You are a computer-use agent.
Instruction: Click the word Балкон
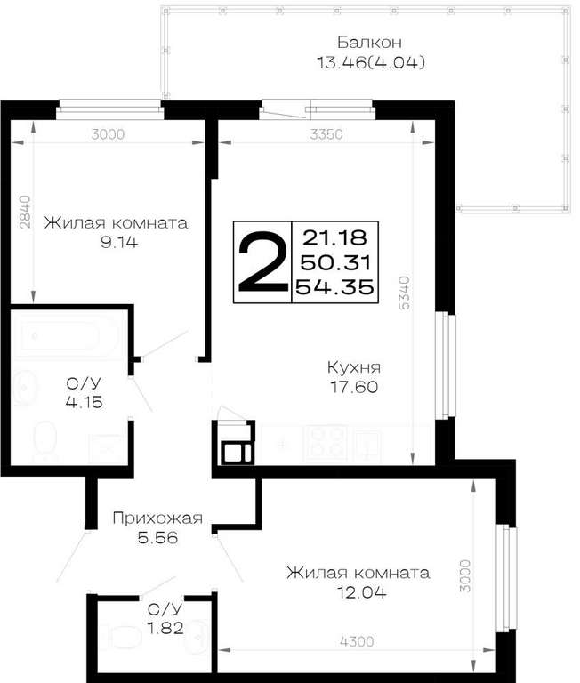tap(369, 43)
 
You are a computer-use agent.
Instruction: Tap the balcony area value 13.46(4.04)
tap(371, 63)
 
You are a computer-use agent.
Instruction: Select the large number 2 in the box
tap(262, 261)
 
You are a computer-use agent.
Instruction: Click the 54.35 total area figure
tap(334, 287)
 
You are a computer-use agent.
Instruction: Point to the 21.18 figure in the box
tap(334, 237)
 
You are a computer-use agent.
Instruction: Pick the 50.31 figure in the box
tap(335, 262)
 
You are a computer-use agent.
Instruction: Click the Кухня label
tap(354, 367)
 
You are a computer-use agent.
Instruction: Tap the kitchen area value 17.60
tap(354, 387)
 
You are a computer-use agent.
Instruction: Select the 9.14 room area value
tap(119, 242)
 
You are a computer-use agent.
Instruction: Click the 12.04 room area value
tap(362, 592)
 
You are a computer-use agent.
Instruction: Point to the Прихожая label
tap(157, 518)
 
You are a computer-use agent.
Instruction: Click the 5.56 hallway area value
tap(157, 538)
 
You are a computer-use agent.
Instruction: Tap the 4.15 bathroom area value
tap(85, 402)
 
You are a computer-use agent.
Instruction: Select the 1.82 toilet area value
tap(165, 628)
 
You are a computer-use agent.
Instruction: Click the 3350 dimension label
tap(326, 134)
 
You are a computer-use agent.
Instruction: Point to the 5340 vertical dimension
tap(405, 293)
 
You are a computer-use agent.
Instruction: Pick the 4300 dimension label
tap(357, 641)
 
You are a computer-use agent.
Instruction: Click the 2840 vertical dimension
tap(25, 212)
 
